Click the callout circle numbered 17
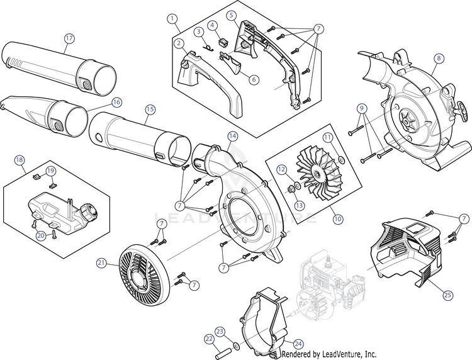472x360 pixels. pos(69,38)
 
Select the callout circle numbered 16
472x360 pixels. pos(116,101)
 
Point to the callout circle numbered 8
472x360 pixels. pos(439,59)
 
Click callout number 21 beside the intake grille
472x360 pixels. pos(101,262)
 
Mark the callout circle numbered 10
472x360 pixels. pos(338,219)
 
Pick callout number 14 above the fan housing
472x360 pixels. pos(232,136)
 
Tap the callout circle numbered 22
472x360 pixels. pos(208,339)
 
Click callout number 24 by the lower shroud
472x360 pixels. pos(298,344)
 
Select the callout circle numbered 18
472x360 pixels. pos(20,160)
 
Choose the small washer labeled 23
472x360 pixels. pos(234,346)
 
